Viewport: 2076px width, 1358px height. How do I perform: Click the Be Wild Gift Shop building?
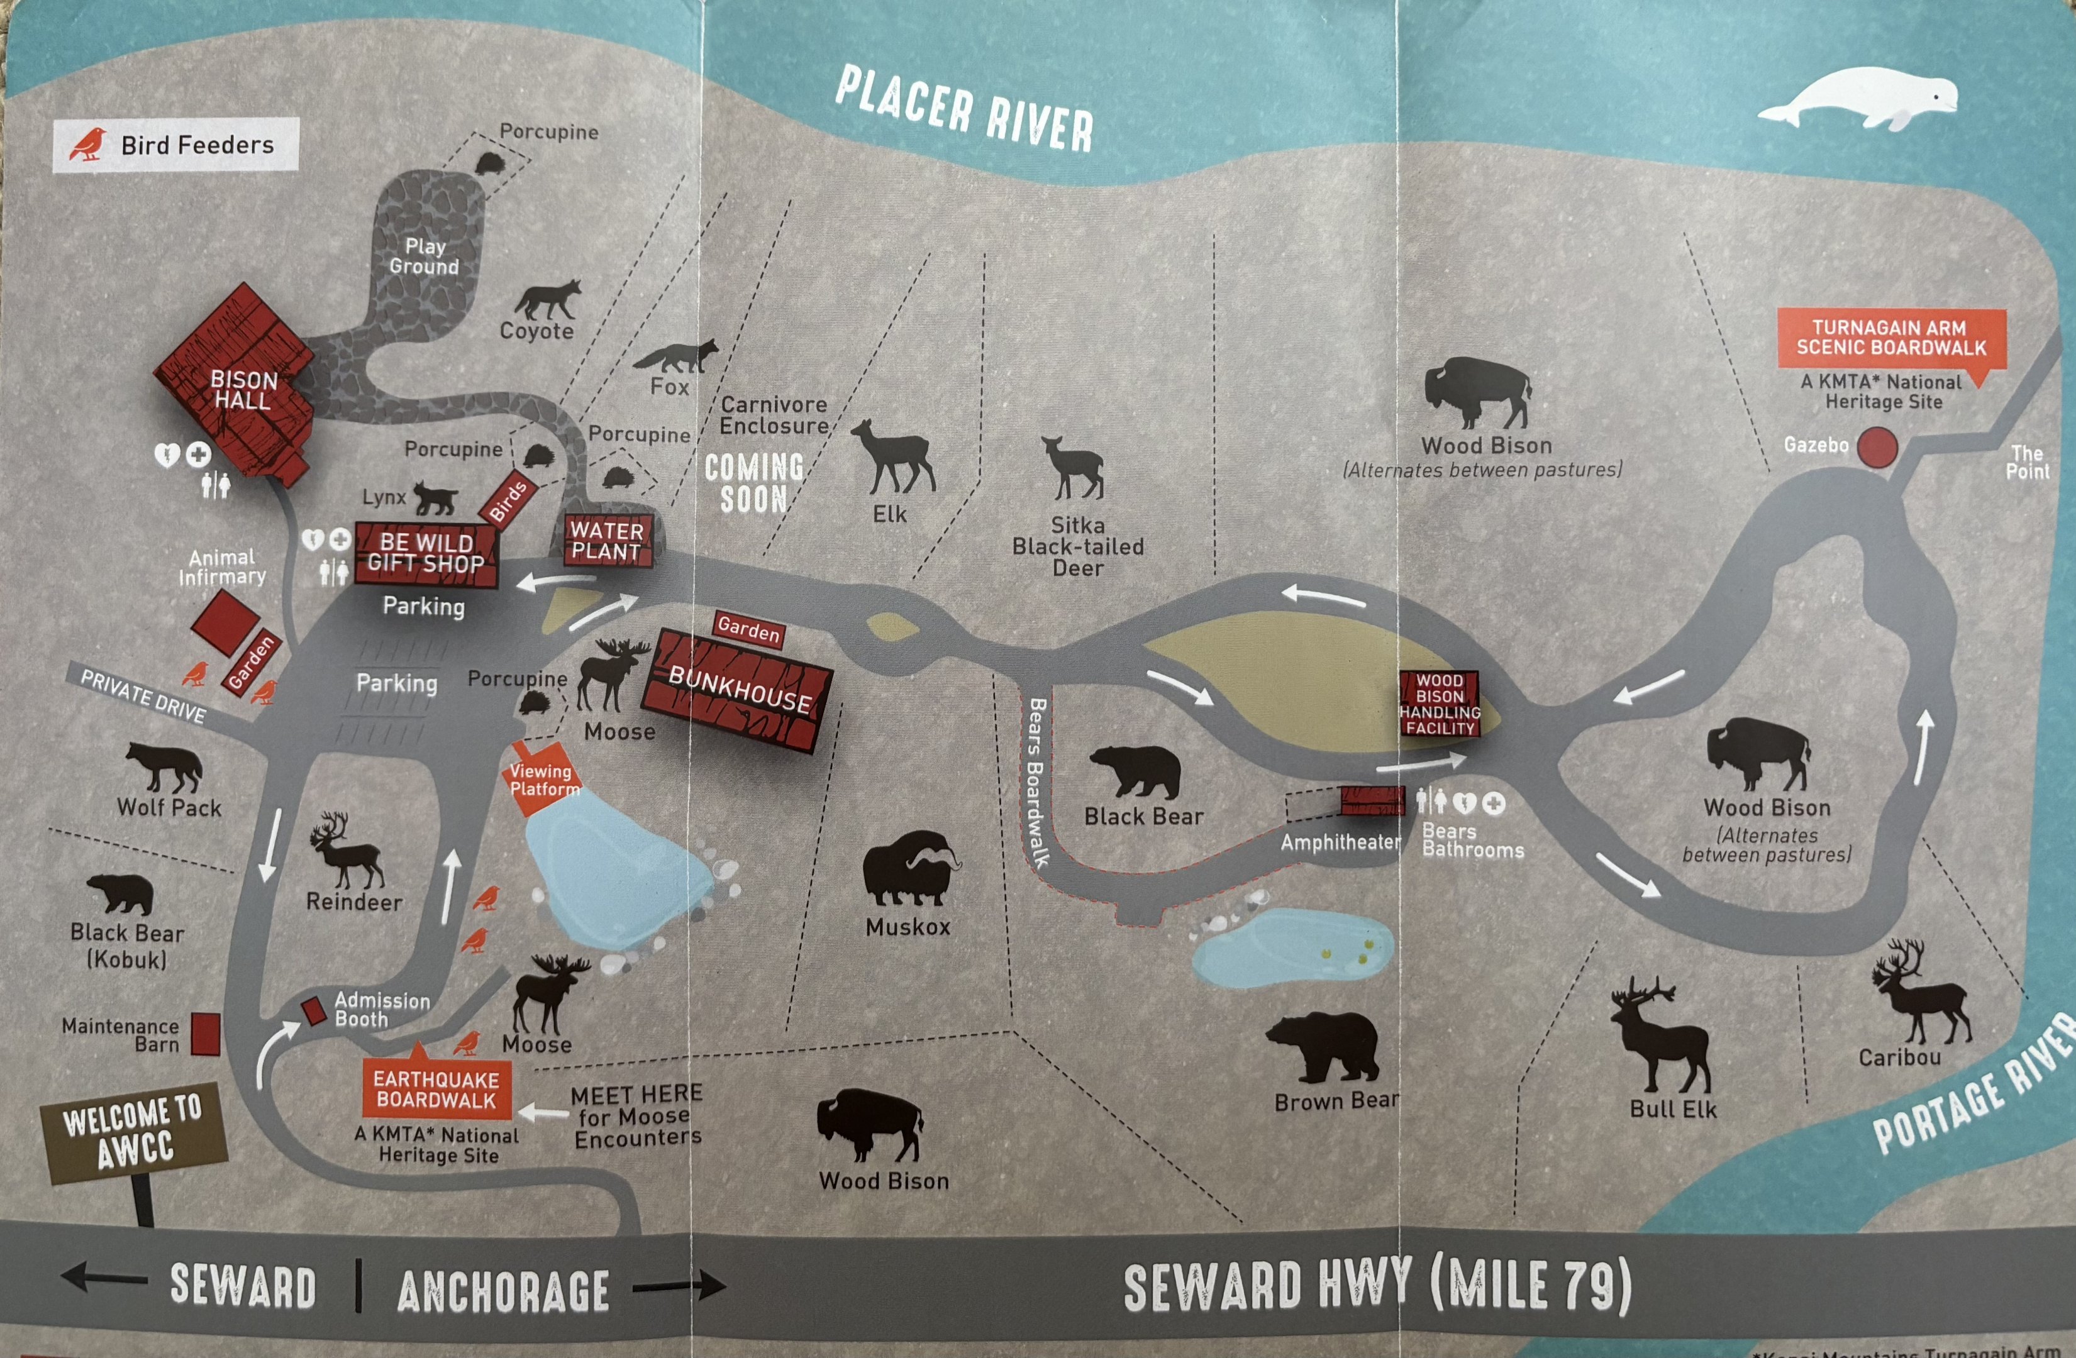coord(426,553)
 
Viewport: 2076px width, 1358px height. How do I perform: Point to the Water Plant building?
coord(607,541)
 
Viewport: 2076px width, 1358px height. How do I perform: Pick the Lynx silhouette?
coord(435,498)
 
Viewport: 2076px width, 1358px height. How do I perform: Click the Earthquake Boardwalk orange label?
coord(436,1090)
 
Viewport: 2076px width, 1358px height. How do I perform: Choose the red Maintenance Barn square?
coord(206,1034)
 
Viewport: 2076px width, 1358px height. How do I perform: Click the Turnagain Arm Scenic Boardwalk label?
coord(1891,338)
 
